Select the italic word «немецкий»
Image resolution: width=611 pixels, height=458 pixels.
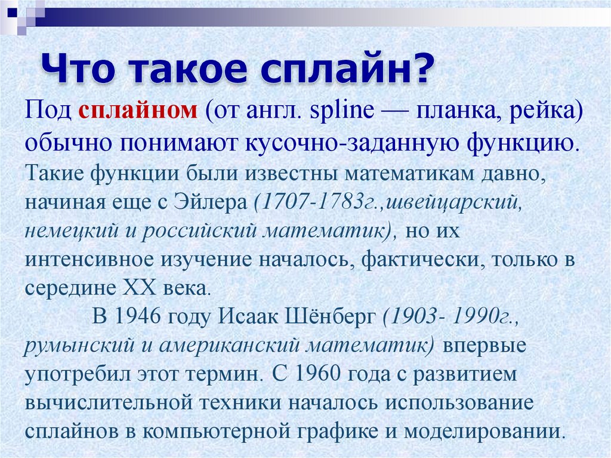click(66, 231)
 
